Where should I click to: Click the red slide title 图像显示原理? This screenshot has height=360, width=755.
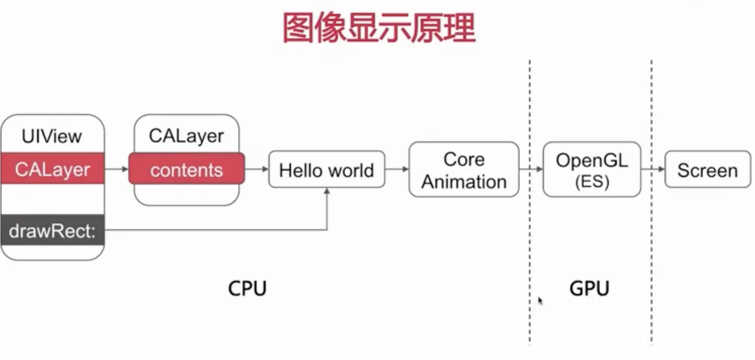[379, 28]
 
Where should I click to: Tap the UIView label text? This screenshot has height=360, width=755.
[52, 136]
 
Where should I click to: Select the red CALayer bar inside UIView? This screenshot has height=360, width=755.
[52, 169]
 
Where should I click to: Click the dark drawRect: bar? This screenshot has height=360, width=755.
[52, 230]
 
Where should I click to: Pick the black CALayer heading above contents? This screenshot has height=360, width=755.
[186, 135]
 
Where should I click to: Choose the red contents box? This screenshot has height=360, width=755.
[186, 170]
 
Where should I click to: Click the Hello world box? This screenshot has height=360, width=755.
[326, 170]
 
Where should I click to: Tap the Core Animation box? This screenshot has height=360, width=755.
[464, 170]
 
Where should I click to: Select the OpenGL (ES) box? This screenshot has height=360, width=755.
[591, 170]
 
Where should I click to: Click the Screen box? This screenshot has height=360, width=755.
[707, 170]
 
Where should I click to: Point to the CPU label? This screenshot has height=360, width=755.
[247, 288]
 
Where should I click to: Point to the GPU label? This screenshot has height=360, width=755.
[589, 288]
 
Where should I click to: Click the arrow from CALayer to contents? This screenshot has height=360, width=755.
[117, 169]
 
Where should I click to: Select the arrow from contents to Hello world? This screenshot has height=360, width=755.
[256, 169]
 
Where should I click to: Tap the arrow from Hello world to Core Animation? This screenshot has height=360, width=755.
[397, 169]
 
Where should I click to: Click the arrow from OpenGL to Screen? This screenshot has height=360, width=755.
[653, 169]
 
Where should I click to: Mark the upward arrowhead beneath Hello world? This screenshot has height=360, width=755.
[327, 192]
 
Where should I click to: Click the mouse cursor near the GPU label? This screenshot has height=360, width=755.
[540, 301]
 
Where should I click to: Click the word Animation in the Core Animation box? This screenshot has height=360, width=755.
[464, 182]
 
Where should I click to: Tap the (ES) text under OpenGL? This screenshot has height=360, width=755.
[591, 181]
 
